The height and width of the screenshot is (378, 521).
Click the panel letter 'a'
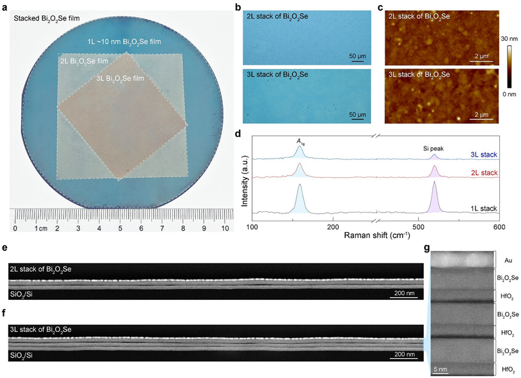pyautogui.click(x=5, y=5)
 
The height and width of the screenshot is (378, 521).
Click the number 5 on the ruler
pyautogui.click(x=120, y=228)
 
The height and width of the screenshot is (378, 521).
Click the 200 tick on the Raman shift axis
pyautogui.click(x=332, y=227)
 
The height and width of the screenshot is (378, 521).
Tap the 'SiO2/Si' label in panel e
pyautogui.click(x=25, y=294)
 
